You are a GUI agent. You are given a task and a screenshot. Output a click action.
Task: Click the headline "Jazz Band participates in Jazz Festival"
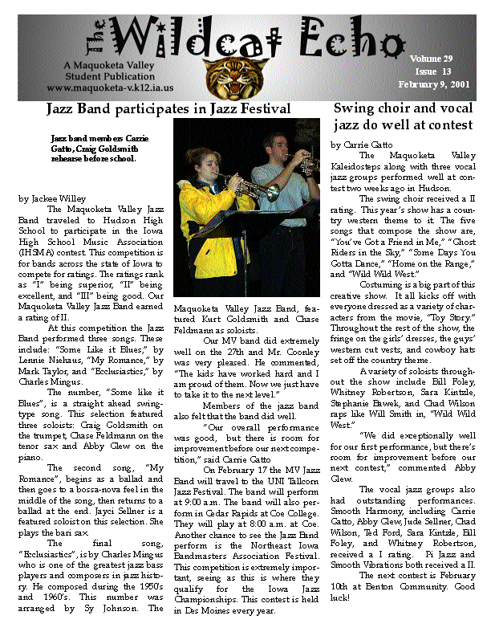point(168,107)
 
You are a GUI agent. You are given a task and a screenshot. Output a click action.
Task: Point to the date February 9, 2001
point(440,84)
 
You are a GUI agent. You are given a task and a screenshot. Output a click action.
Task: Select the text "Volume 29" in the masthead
point(432,59)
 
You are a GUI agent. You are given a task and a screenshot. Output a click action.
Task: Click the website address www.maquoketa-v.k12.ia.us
point(111,88)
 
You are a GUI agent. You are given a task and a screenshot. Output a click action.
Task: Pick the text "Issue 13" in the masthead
point(433,71)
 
